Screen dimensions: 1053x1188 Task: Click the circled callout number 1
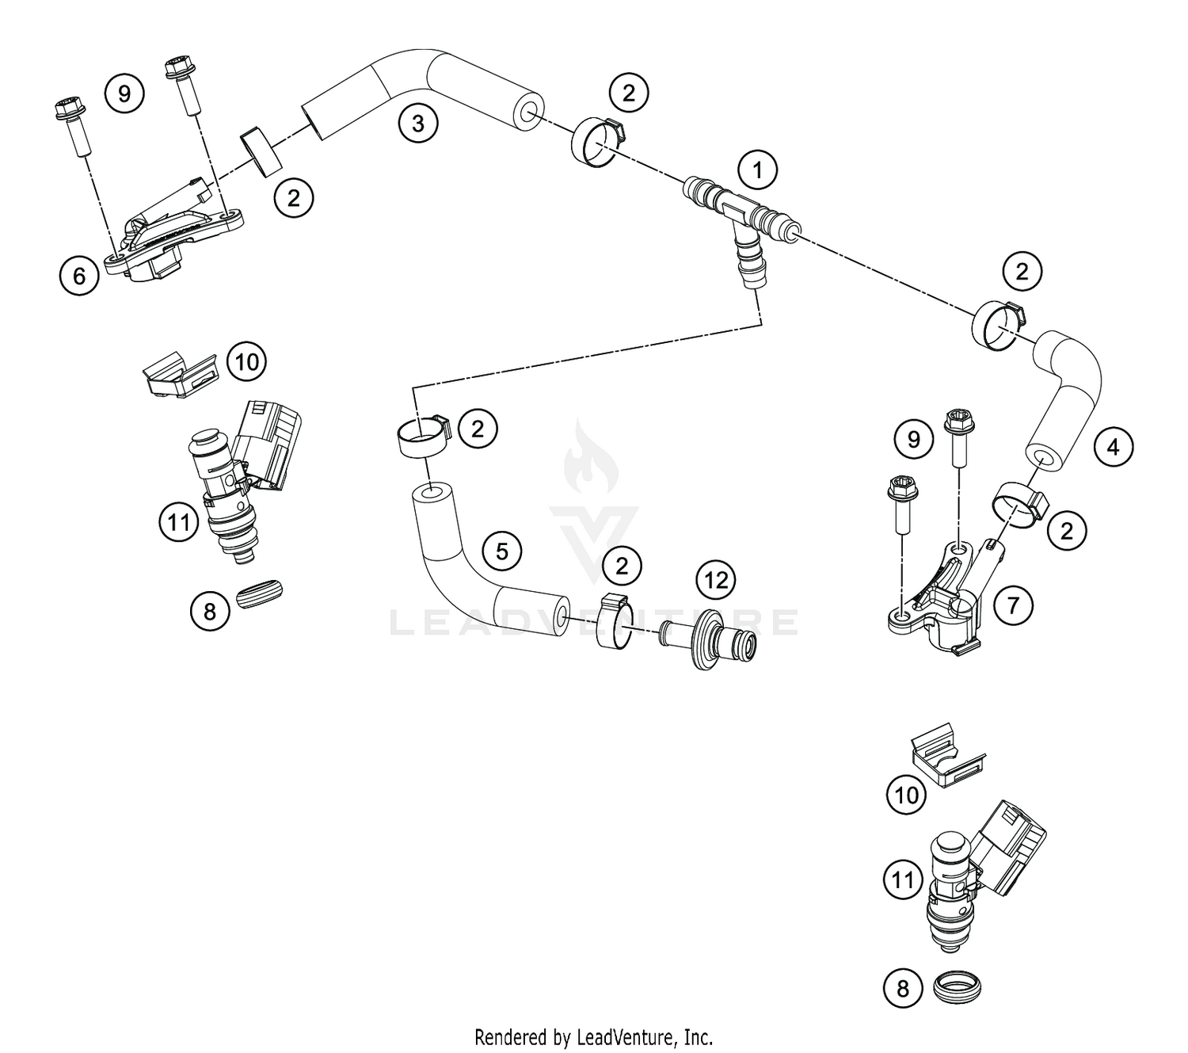point(758,170)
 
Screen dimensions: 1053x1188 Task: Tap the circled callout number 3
point(417,124)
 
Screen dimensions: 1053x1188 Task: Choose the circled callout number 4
point(1113,448)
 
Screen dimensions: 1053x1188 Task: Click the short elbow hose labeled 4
point(1065,396)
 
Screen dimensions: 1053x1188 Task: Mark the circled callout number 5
point(502,550)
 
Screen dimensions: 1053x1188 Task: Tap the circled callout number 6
point(79,276)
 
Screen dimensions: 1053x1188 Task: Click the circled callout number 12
point(715,581)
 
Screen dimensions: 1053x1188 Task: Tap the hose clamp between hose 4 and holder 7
point(1018,507)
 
